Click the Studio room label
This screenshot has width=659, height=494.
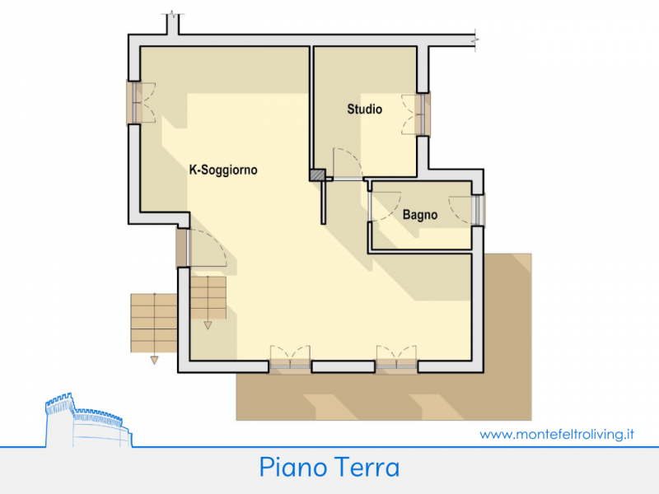[364, 110]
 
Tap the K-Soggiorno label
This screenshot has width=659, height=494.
[223, 170]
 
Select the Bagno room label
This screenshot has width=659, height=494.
[420, 215]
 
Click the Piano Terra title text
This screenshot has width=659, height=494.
[329, 467]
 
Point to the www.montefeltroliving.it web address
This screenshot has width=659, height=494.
[557, 434]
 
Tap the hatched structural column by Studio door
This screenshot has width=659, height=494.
[317, 175]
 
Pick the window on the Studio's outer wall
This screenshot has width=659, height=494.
[422, 114]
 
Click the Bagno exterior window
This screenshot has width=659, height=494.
[479, 210]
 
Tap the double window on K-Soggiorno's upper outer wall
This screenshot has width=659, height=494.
[134, 102]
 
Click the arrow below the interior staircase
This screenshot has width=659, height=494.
[208, 325]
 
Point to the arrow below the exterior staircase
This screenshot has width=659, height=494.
[154, 360]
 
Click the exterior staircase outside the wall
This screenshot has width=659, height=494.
[154, 323]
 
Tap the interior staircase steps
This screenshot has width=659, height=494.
[208, 297]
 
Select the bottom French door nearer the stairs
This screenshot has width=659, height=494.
[290, 359]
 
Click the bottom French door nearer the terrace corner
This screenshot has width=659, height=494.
[396, 359]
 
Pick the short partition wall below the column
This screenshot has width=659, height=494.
[323, 203]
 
